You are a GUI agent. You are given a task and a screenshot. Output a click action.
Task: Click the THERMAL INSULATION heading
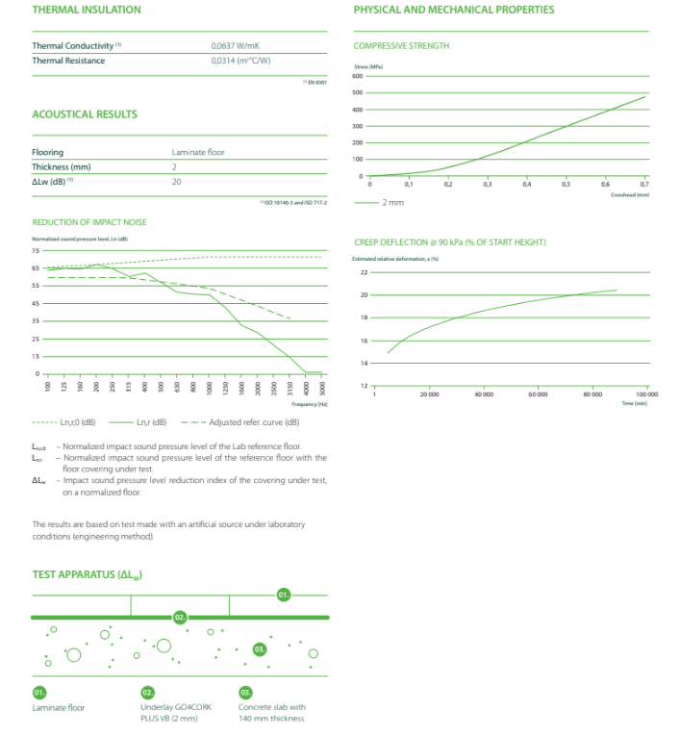pos(86,10)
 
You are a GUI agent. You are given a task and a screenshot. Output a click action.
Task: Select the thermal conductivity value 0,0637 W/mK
pos(235,45)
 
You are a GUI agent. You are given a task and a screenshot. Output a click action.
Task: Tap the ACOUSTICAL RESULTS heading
pos(85,114)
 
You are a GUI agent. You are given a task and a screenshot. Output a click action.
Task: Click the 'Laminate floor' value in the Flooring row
pos(198,152)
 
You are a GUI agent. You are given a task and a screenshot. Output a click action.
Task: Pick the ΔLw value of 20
pos(176,181)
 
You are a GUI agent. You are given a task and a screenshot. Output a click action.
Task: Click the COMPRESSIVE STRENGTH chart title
pos(401,45)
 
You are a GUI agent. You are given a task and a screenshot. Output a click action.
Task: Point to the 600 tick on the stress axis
pos(358,76)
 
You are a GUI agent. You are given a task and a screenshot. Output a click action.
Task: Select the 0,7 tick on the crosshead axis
pos(644,184)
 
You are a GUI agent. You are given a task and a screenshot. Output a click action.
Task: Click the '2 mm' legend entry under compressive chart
pos(392,203)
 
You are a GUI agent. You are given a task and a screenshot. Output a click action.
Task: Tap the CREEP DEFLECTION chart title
pos(449,241)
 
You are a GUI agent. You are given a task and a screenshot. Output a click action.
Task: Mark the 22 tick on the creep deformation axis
pos(365,272)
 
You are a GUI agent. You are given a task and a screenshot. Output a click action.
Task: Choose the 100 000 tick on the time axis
pos(645,394)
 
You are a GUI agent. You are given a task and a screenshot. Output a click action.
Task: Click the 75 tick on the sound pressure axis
pos(37,250)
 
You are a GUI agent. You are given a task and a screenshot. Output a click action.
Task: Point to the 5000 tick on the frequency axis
pos(323,389)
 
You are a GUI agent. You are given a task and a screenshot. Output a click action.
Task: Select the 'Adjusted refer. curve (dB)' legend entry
pos(254,422)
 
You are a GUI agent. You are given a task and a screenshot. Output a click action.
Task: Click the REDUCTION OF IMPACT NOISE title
pos(89,222)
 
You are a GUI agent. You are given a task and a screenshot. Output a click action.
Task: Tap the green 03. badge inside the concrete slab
pos(259,650)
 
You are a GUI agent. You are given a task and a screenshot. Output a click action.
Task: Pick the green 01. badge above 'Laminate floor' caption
pos(39,692)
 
